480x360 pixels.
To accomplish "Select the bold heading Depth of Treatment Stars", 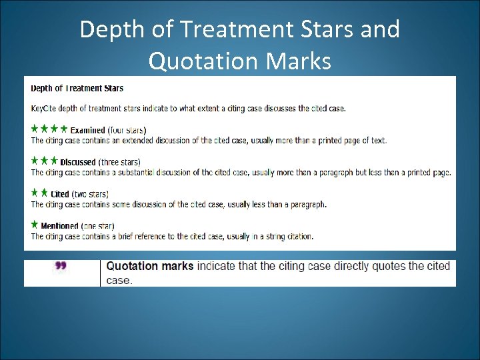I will pyautogui.click(x=77, y=88).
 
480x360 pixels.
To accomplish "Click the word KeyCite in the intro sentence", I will pyautogui.click(x=45, y=108).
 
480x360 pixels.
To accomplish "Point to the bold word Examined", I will pyautogui.click(x=88, y=130).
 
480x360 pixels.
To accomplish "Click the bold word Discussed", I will pyautogui.click(x=78, y=162).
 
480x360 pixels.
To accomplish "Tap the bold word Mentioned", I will pyautogui.click(x=60, y=226).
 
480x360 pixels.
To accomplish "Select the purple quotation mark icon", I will pyautogui.click(x=61, y=267).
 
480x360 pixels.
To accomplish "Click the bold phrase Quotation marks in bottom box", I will pyautogui.click(x=150, y=266).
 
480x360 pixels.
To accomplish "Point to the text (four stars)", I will pyautogui.click(x=127, y=130).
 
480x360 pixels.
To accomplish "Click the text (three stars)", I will pyautogui.click(x=119, y=162).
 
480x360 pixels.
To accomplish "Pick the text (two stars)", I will pyautogui.click(x=90, y=194).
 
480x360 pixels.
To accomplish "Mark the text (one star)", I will pyautogui.click(x=98, y=226).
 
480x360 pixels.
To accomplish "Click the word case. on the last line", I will pyautogui.click(x=119, y=281).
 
